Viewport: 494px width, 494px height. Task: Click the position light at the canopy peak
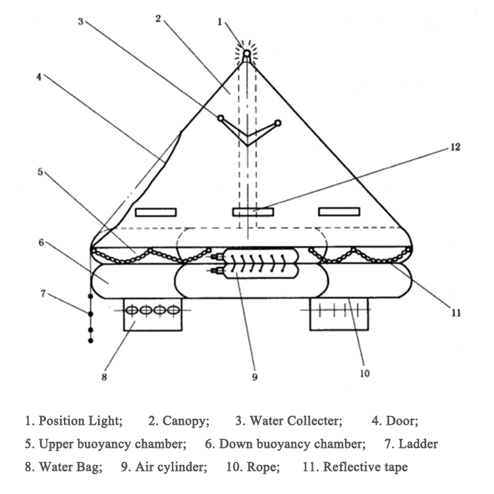tap(246, 54)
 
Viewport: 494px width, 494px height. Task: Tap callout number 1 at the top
tap(220, 22)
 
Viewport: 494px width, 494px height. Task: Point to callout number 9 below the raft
tap(254, 377)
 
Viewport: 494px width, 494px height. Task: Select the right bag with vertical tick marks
tap(339, 314)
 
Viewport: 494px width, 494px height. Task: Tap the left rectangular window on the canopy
tap(155, 212)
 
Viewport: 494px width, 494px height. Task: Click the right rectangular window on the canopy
tap(339, 211)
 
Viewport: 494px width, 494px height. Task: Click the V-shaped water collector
tap(248, 133)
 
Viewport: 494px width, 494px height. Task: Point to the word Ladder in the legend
tap(420, 443)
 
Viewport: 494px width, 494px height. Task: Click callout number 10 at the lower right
tap(365, 373)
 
